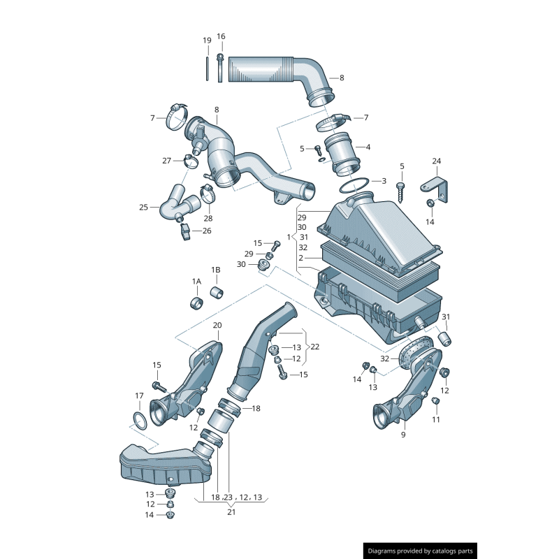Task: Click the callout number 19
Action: coord(207,41)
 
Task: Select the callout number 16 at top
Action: coord(221,36)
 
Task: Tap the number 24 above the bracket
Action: coord(436,161)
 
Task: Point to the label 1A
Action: coord(196,281)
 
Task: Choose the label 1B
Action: coord(216,269)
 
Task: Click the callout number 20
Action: coord(217,325)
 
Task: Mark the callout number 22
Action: coord(315,347)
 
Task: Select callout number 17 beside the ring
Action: coord(139,395)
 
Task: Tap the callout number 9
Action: coord(402,435)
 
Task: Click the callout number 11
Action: coord(436,419)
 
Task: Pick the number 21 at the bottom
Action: coord(231,512)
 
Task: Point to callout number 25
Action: coord(144,207)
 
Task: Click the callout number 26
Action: coord(206,231)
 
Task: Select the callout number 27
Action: coord(167,161)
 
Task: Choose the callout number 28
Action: coord(208,218)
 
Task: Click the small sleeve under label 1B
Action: coord(217,290)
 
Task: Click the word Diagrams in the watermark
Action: coord(386,551)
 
